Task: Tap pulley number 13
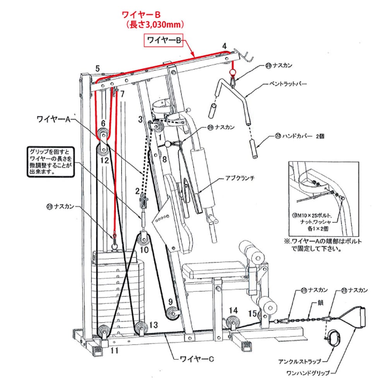point(140,329)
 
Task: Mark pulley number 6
point(103,135)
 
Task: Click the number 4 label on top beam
point(224,46)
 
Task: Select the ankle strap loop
point(333,337)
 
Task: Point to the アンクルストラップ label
point(300,362)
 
